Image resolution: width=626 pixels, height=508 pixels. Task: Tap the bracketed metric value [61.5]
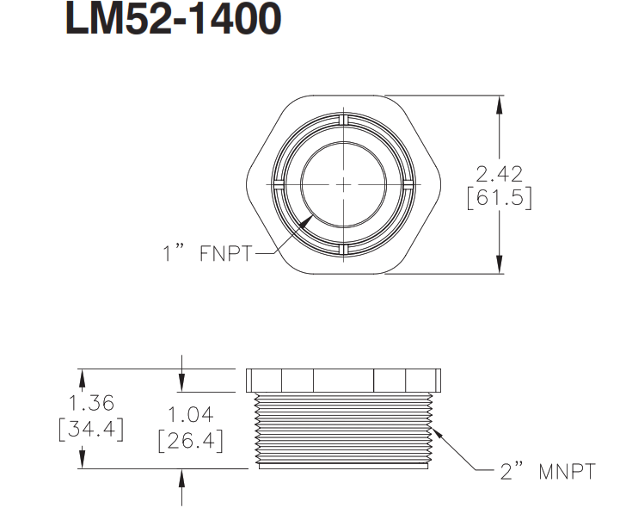pyautogui.click(x=498, y=198)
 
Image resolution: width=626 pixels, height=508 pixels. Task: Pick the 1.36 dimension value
pyautogui.click(x=90, y=403)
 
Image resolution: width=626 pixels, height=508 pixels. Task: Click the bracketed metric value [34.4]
pyautogui.click(x=90, y=428)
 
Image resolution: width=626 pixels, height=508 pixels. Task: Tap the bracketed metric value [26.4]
pyautogui.click(x=191, y=442)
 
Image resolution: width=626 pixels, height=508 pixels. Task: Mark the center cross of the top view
pyautogui.click(x=343, y=183)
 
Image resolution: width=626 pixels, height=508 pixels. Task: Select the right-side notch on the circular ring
pyautogui.click(x=408, y=183)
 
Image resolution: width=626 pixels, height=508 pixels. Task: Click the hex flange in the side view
pyautogui.click(x=344, y=381)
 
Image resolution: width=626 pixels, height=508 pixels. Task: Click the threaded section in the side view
pyautogui.click(x=344, y=431)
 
